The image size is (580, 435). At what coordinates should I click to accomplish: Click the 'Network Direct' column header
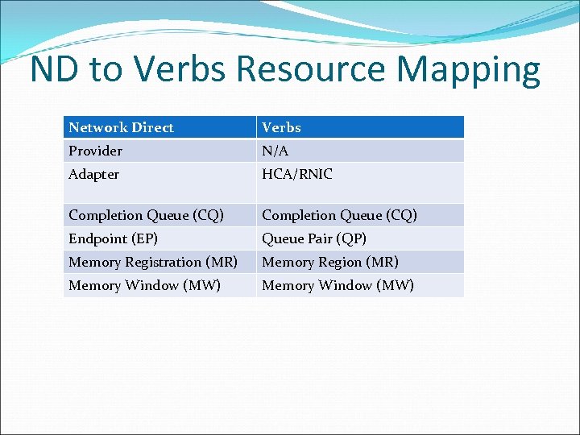[x=121, y=127]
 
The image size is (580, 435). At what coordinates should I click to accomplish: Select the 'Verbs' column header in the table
[x=281, y=127]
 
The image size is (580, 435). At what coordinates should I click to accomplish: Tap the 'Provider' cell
[x=96, y=151]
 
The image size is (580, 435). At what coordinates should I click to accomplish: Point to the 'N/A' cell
[x=275, y=151]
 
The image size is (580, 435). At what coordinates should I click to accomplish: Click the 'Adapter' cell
[x=94, y=174]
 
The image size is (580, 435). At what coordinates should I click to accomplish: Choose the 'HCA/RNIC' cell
[x=297, y=174]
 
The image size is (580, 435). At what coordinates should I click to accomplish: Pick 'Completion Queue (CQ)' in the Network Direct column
[x=147, y=215]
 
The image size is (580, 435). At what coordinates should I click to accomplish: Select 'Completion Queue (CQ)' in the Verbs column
[x=340, y=215]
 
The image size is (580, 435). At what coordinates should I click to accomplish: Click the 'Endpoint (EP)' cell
[x=114, y=238]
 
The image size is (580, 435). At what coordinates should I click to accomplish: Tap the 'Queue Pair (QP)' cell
[x=314, y=238]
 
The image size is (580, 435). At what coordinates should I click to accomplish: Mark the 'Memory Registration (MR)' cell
[x=153, y=262]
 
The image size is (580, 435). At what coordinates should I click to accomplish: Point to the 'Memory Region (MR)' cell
[x=330, y=262]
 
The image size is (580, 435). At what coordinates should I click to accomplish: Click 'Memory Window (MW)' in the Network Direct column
[x=145, y=285]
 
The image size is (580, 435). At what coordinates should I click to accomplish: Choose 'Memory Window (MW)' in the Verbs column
[x=338, y=285]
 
